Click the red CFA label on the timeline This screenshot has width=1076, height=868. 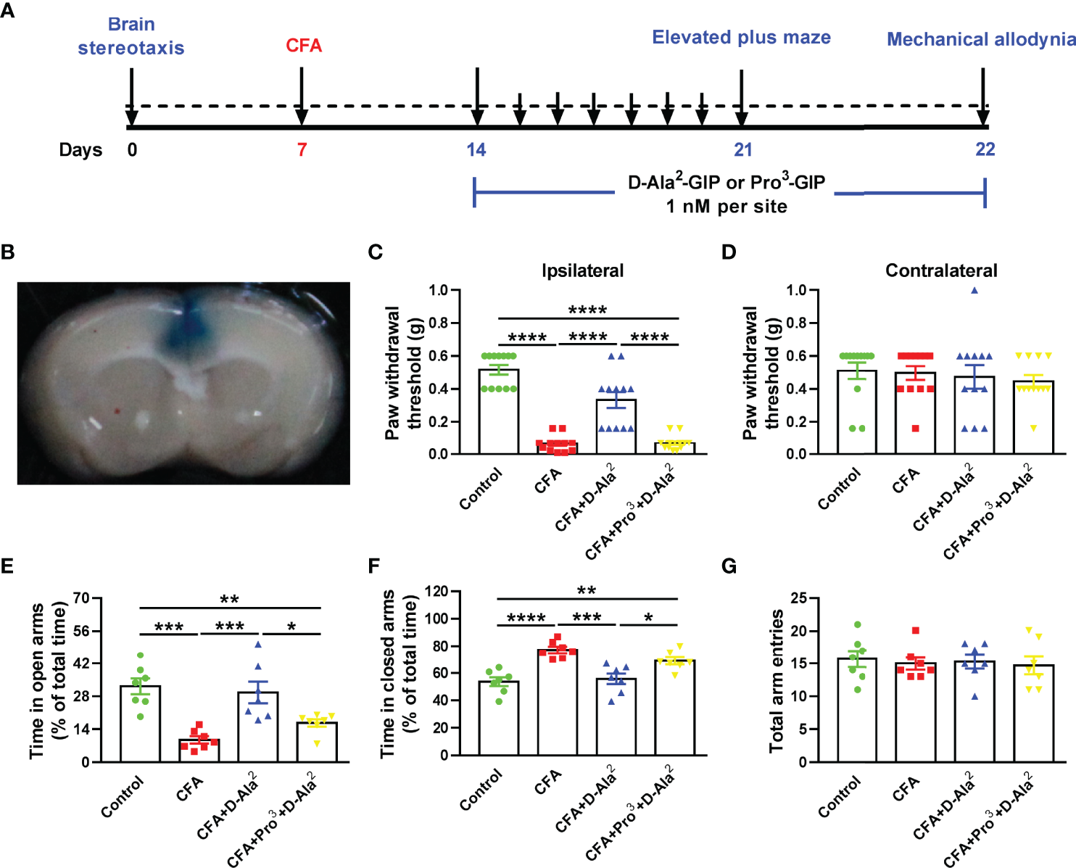tap(303, 46)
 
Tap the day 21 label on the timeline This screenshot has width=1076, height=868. tap(742, 149)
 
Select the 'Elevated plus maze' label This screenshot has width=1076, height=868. tap(741, 38)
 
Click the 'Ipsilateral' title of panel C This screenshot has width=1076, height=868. tap(582, 270)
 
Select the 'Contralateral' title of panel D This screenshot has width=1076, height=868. tap(941, 270)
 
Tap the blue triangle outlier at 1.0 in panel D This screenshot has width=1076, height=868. tap(974, 291)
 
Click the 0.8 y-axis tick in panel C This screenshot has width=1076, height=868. tap(438, 323)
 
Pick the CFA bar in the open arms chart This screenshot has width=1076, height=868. tap(199, 751)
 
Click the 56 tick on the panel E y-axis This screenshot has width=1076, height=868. tap(81, 631)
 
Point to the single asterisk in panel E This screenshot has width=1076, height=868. tap(291, 627)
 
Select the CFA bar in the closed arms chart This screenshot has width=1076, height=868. tap(558, 703)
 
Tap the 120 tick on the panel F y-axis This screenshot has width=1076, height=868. tap(436, 591)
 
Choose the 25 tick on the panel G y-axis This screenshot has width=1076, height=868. tap(798, 598)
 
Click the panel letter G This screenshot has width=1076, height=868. tap(729, 566)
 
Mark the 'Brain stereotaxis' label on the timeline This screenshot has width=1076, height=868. tap(131, 36)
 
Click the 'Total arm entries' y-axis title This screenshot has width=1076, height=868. tap(777, 680)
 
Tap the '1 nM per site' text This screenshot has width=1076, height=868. tap(727, 207)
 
